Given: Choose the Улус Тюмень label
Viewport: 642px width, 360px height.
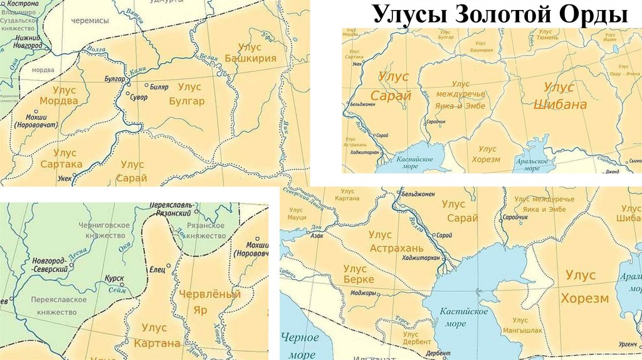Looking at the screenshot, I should (x=549, y=34).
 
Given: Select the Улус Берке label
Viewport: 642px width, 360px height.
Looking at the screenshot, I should (x=359, y=273).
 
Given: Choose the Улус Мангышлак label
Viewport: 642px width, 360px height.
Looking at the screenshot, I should (x=520, y=325).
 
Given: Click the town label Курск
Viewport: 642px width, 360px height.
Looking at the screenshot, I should (x=114, y=278).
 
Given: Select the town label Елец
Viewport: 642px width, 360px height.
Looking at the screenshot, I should (x=157, y=270).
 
